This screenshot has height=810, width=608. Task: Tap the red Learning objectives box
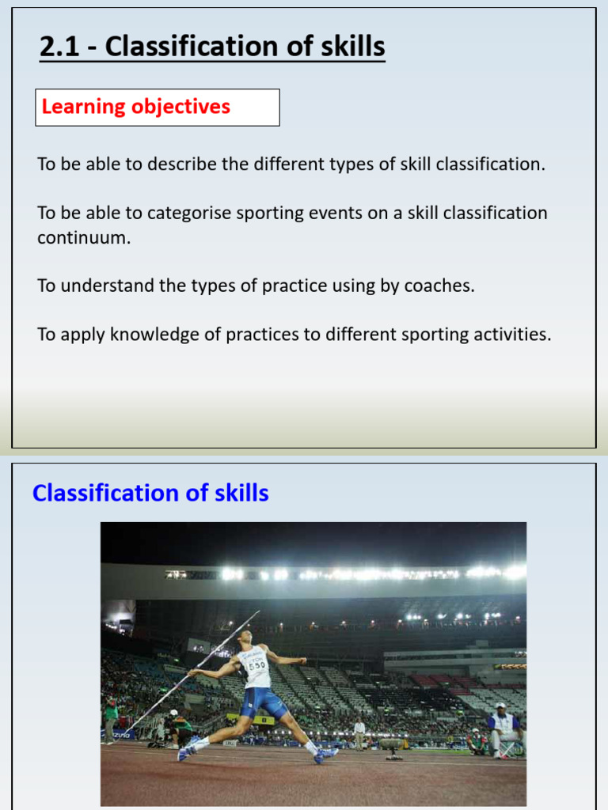tap(157, 108)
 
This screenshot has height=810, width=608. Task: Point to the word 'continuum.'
tap(83, 237)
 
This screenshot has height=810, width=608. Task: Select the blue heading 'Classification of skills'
tap(150, 494)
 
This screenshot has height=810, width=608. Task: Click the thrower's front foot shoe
tap(325, 755)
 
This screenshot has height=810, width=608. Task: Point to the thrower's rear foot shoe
tap(188, 748)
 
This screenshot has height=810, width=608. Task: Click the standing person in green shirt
tap(111, 717)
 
